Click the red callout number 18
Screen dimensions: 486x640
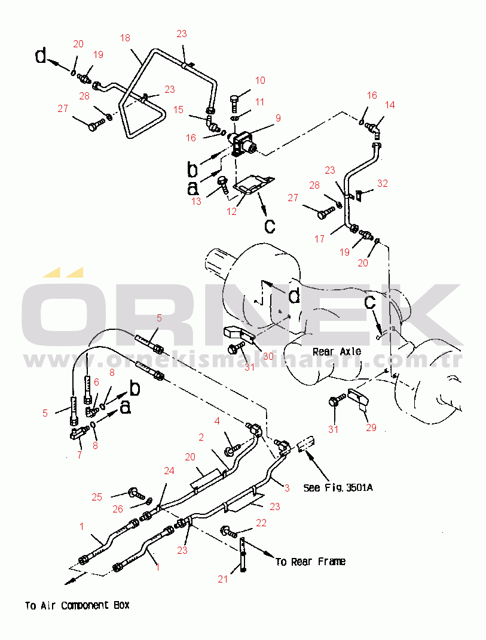pos(125,38)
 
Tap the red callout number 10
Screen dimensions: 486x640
pos(260,80)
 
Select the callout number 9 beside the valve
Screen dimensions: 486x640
pos(278,118)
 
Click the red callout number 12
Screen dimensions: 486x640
pos(231,211)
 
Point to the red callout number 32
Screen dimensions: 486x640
pos(382,184)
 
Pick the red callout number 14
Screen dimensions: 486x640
pos(390,105)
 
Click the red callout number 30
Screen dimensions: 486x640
pos(268,356)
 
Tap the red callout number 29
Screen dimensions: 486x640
pos(371,427)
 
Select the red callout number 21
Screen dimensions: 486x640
pos(223,579)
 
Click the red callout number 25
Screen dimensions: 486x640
pos(97,497)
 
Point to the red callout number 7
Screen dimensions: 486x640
pos(80,454)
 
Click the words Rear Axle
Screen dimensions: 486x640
pos(337,351)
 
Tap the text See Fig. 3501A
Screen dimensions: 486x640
pos(338,487)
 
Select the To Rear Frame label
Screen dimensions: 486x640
pos(310,562)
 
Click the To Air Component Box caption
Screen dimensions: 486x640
pos(77,605)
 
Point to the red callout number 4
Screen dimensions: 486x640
pos(217,421)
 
